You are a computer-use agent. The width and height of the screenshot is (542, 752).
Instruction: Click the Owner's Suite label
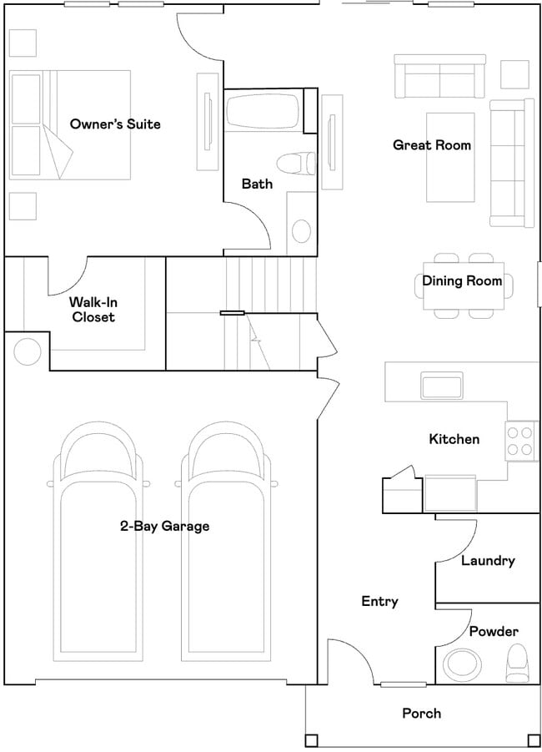[x=115, y=124]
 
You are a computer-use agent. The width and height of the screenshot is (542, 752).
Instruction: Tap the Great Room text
[x=432, y=145]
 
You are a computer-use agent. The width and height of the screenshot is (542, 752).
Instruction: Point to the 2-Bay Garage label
[x=164, y=526]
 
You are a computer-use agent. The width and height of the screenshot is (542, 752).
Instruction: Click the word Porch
[x=422, y=713]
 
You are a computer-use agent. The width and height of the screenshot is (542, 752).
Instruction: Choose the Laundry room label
[x=488, y=561]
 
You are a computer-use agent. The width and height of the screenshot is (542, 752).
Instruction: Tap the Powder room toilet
[x=517, y=664]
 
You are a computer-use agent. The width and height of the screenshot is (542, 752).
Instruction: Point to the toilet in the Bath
[x=297, y=164]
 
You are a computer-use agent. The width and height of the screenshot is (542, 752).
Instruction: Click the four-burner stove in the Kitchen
[x=520, y=441]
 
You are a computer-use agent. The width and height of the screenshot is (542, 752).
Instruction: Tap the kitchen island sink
[x=442, y=385]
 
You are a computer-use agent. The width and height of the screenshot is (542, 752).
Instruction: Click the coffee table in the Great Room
[x=450, y=157]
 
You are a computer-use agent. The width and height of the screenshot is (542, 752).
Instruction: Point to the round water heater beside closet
[x=28, y=352]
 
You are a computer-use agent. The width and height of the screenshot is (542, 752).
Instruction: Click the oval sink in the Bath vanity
[x=301, y=231]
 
